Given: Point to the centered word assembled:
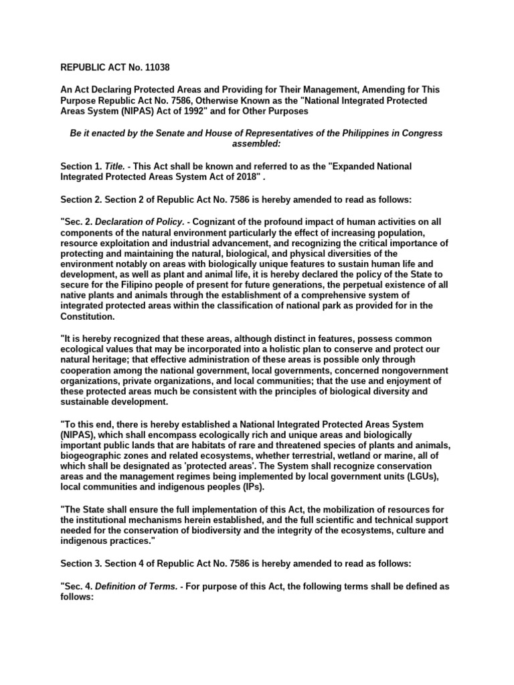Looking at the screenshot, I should (x=256, y=143).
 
